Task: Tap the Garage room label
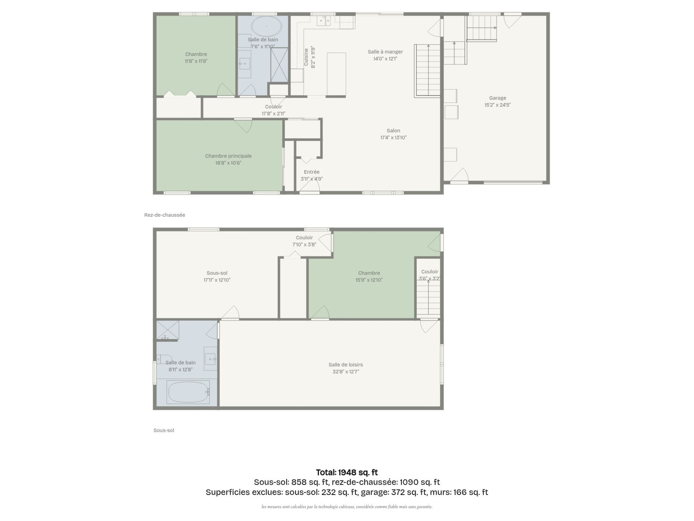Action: coord(497,98)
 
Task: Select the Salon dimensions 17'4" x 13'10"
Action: coord(393,137)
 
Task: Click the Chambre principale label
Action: coord(228,156)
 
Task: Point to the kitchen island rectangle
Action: coord(336,74)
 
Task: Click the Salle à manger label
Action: coord(385,52)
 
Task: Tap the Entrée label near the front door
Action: coord(312,172)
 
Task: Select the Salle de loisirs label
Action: coord(346,365)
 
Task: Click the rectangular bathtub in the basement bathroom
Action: coord(188,392)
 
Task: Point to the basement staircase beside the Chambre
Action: coord(428,297)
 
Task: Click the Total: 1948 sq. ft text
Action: coord(347,472)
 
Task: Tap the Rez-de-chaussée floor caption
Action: coord(164,215)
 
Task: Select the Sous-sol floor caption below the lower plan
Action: coord(164,430)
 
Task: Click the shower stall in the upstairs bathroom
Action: coord(279,65)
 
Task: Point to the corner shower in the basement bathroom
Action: coord(167,330)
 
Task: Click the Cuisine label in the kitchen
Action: coord(306,57)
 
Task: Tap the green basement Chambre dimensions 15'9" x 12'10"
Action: coord(369,280)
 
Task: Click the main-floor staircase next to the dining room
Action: coord(428,70)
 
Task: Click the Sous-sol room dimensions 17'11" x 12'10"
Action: coord(217,280)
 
